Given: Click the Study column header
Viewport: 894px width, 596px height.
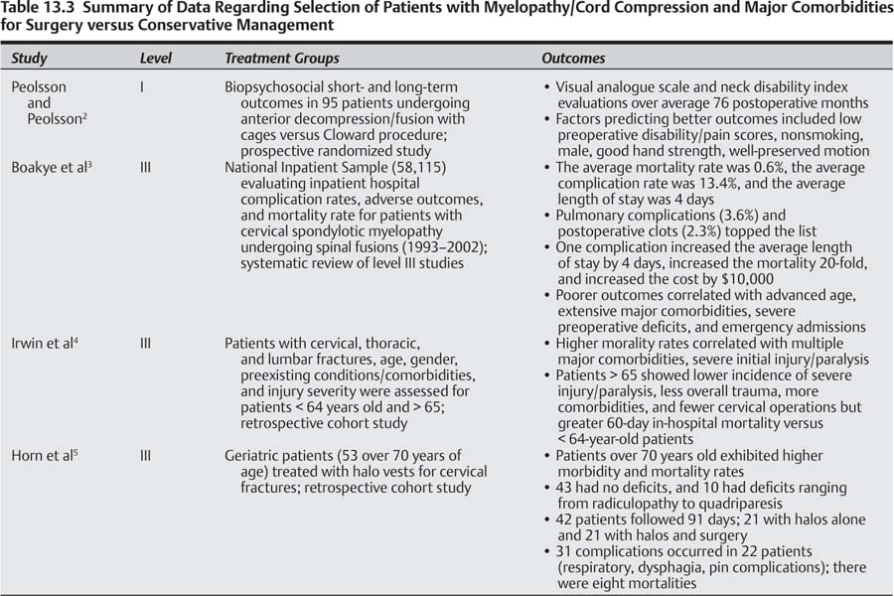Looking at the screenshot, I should pos(29,59).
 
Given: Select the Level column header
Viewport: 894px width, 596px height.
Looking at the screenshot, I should pos(155,59).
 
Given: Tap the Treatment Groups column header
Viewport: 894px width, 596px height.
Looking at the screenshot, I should pos(281,59).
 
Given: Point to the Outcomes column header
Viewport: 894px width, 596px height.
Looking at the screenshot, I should pos(573,59).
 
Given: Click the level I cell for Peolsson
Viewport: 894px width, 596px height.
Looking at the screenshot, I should pos(143,87).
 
